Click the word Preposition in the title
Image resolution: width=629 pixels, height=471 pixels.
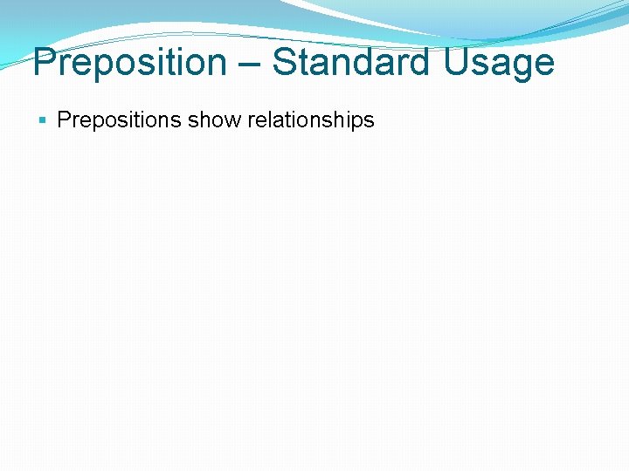tap(128, 63)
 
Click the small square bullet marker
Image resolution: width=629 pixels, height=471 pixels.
tap(44, 120)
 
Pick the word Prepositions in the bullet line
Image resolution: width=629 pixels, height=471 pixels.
tap(120, 120)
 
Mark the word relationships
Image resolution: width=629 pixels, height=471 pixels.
tap(311, 120)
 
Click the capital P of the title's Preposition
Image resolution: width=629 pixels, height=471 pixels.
tap(44, 63)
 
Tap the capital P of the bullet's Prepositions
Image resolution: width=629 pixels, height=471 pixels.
tap(63, 120)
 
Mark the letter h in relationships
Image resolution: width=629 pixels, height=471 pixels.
tap(341, 120)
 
